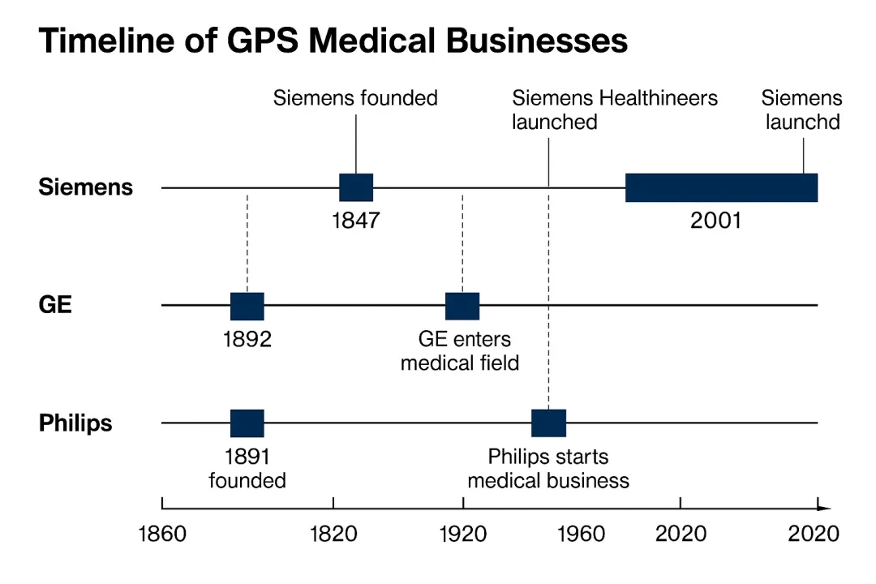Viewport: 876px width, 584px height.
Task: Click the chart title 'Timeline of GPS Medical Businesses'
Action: pos(333,41)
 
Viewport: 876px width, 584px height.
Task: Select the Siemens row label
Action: pos(85,187)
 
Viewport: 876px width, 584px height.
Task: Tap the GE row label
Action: pos(55,305)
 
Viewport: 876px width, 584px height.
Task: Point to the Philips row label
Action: pos(75,423)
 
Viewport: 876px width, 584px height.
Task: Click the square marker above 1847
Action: pos(356,187)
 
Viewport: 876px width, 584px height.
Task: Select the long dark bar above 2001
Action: pos(721,187)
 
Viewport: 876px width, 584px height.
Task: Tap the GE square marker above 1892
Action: pos(247,307)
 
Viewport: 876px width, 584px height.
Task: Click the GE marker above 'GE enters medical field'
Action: pos(462,307)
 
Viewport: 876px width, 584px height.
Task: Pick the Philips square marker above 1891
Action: pos(247,423)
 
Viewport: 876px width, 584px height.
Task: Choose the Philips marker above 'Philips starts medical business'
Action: pos(548,423)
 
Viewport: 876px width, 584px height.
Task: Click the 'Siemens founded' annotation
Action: pos(355,98)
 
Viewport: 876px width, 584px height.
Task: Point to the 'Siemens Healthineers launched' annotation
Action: pos(615,109)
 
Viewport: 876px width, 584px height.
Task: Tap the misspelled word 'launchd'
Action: pos(803,122)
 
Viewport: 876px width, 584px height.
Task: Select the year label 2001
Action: pos(715,220)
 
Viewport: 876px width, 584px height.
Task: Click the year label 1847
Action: pos(356,220)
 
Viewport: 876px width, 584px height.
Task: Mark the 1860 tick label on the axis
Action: pos(162,534)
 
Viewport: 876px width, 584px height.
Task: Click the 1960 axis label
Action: pos(581,534)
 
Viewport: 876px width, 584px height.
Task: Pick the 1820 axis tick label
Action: pos(333,534)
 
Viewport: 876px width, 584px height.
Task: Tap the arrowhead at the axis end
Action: pos(824,508)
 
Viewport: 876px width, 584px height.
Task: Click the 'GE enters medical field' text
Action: pos(461,351)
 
